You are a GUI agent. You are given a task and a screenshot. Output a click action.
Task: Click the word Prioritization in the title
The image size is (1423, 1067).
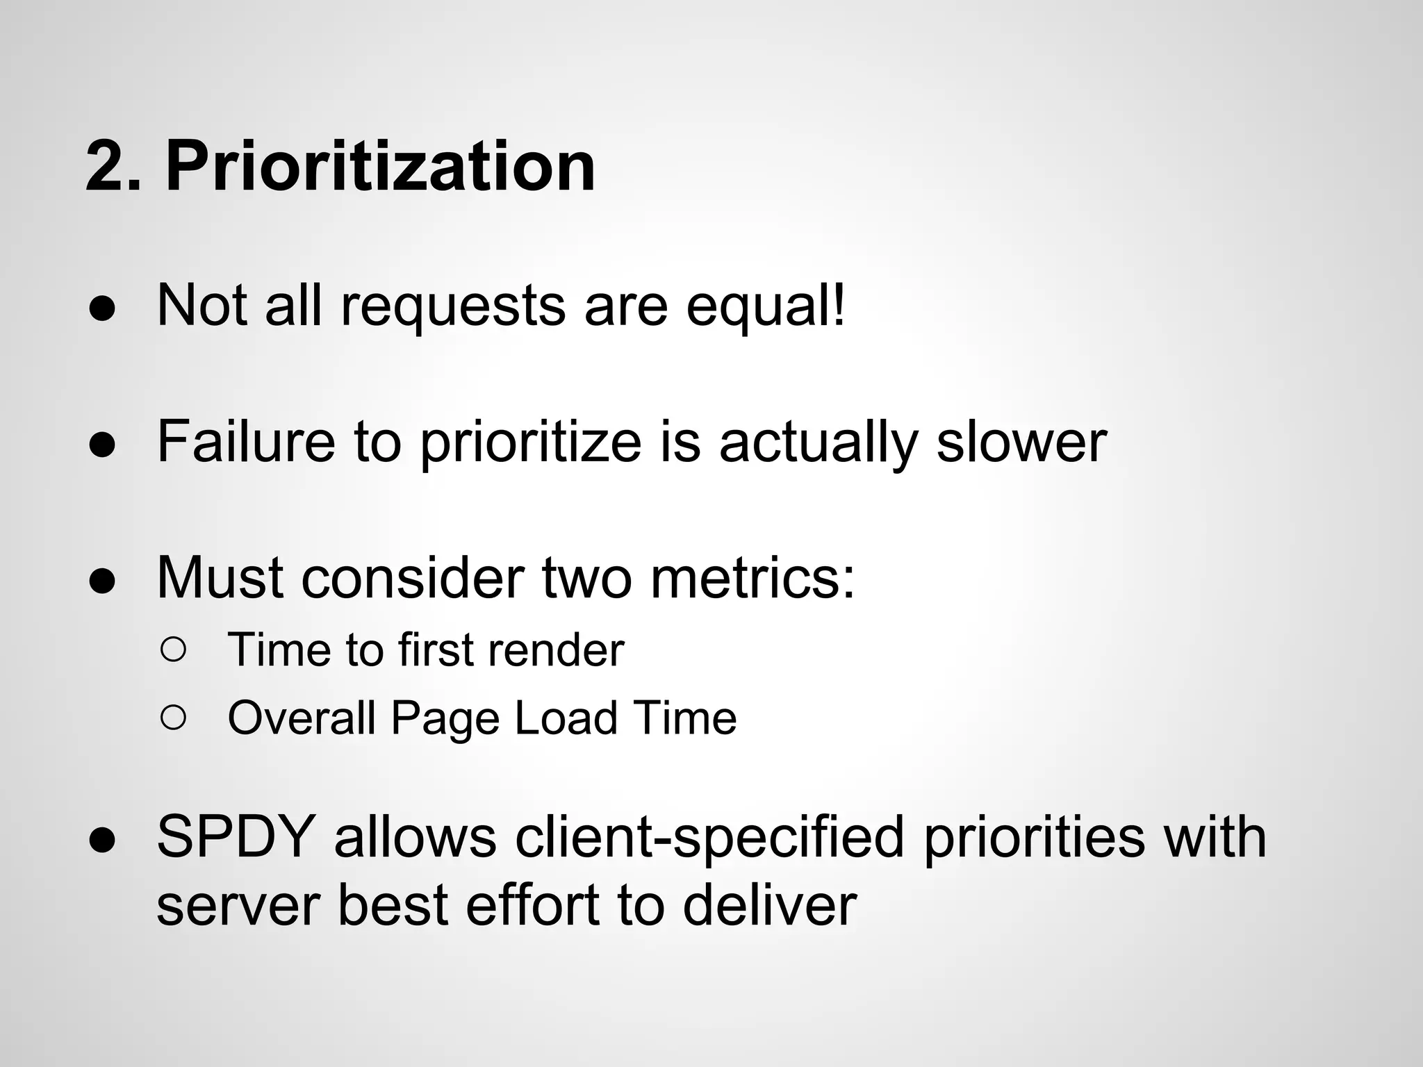[380, 167]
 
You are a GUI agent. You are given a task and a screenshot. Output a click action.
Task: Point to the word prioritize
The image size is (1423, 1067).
[531, 442]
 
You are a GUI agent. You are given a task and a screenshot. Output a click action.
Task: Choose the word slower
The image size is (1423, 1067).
[1021, 442]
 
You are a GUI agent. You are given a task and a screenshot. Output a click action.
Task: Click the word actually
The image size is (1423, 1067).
[818, 442]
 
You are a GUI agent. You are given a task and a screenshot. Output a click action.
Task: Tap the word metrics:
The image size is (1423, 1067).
[752, 578]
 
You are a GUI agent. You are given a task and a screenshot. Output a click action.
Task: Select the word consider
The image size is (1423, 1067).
[413, 578]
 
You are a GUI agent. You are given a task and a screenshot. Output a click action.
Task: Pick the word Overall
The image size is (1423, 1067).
[301, 718]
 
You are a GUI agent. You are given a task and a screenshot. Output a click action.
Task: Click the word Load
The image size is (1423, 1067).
[566, 718]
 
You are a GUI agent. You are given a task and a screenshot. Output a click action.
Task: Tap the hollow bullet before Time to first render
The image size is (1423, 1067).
[173, 650]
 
